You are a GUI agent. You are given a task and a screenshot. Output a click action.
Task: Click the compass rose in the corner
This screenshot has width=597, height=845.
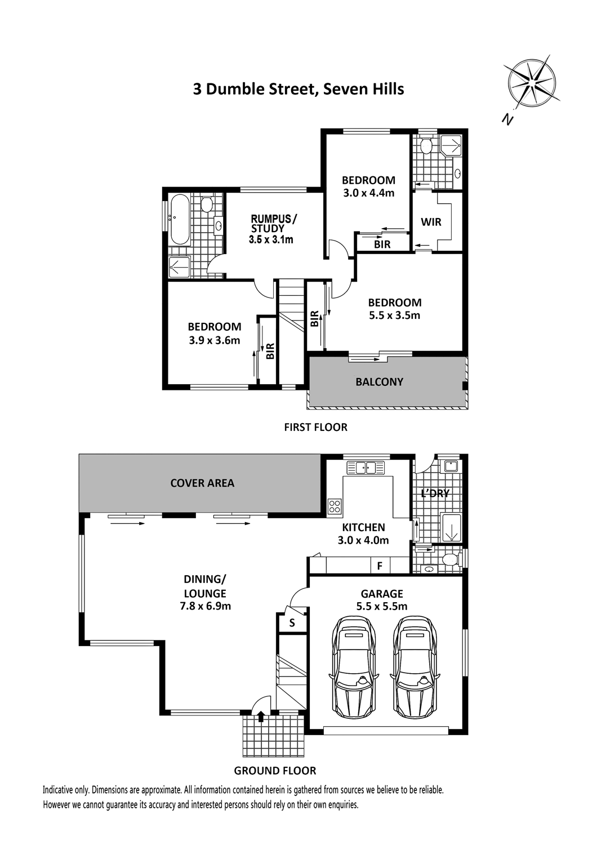click(531, 84)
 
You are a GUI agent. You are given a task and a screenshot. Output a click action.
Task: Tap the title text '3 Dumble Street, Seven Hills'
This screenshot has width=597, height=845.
click(298, 90)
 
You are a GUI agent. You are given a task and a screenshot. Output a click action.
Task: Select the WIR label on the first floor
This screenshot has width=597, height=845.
click(431, 222)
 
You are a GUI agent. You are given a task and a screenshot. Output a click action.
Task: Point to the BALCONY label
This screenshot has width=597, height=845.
click(380, 382)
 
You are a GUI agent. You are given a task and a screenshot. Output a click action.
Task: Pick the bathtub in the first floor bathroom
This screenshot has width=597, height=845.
click(179, 219)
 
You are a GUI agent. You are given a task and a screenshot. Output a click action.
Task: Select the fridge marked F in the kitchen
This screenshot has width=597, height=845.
click(380, 566)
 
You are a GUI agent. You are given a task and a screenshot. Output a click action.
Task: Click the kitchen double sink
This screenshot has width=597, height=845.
click(366, 468)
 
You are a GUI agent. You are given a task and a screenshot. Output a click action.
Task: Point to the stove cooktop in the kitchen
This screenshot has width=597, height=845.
click(335, 505)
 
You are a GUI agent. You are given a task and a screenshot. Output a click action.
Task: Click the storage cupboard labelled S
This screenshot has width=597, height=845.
click(292, 623)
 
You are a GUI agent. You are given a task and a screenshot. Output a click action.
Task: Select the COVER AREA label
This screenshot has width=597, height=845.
click(202, 483)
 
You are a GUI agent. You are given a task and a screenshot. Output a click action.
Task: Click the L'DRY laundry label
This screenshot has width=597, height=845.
click(435, 493)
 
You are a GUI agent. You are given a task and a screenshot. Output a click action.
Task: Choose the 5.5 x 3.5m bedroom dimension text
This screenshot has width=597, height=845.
click(394, 315)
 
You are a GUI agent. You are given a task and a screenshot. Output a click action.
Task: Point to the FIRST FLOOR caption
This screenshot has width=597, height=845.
click(315, 428)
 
